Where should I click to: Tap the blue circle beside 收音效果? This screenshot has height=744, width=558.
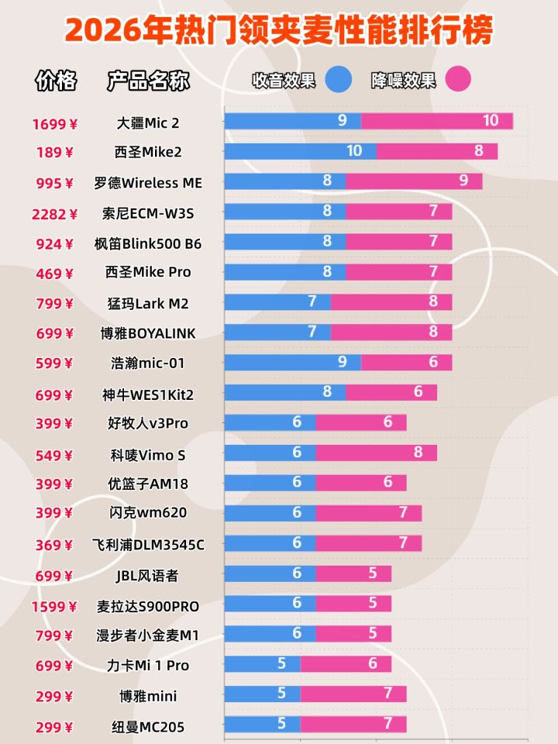339,79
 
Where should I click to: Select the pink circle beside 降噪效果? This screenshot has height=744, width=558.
458,79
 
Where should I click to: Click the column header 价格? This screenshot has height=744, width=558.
56,81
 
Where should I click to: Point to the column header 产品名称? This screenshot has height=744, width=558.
148,81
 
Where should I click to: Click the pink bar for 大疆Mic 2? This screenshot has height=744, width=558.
437,121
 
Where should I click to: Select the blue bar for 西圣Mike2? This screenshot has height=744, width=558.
301,151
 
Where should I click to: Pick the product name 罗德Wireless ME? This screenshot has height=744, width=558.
148,183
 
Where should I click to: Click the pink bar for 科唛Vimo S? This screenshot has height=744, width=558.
376,453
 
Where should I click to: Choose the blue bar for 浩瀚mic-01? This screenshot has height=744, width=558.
293,363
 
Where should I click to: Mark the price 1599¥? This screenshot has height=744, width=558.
55,607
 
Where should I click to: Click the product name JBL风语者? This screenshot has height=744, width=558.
148,576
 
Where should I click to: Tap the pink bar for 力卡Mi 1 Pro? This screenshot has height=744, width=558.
346,665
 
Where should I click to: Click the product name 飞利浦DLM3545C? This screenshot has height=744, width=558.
148,545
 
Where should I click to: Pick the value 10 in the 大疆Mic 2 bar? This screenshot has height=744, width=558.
490,120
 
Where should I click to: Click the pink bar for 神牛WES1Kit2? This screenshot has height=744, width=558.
391,393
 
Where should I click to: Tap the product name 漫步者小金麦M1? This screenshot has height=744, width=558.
148,636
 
